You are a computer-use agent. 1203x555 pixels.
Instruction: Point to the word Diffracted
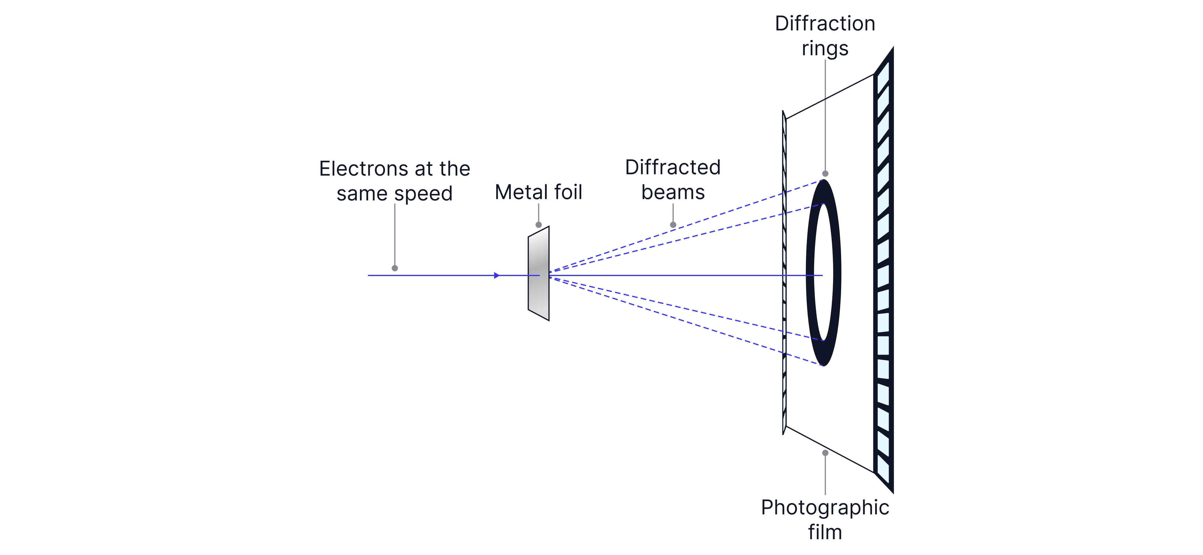673,167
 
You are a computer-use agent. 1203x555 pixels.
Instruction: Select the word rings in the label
825,48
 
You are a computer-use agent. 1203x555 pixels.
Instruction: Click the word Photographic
825,507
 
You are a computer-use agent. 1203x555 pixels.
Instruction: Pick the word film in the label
825,532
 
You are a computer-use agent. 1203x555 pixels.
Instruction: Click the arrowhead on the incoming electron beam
497,276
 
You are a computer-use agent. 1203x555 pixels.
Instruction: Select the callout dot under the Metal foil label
539,225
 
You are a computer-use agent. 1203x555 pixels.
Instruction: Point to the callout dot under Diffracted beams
673,225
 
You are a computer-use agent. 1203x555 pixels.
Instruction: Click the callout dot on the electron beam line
395,268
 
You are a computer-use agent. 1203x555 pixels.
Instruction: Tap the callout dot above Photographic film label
825,453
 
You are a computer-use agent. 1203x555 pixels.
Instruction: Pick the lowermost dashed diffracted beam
701,327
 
